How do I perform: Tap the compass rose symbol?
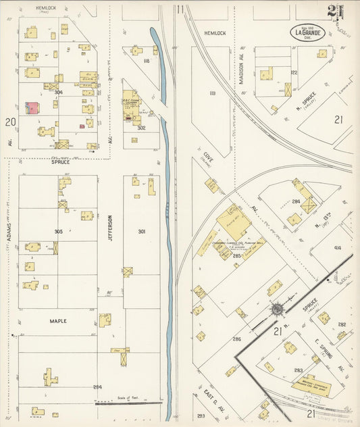(278, 310)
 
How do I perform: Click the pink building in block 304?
(32, 107)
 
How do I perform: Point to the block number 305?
(58, 231)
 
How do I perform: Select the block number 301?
(142, 232)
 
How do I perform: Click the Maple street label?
(57, 321)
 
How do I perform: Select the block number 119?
(213, 93)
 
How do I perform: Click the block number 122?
(293, 72)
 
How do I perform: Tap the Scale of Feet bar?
(128, 403)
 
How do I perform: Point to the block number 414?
(337, 249)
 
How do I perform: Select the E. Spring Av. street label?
(335, 354)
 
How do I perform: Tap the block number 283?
(298, 370)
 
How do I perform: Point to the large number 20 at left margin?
(9, 122)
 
